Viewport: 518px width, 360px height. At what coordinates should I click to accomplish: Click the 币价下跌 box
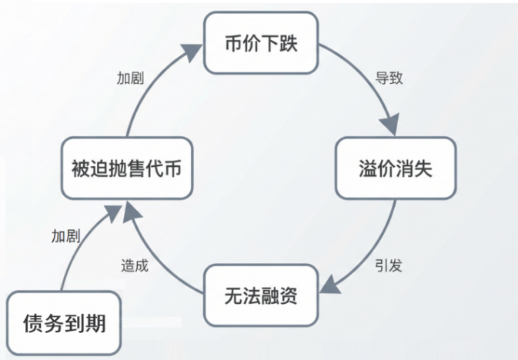[260, 42]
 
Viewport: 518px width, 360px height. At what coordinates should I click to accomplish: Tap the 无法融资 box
[260, 295]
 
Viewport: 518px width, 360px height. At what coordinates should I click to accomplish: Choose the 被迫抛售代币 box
[126, 168]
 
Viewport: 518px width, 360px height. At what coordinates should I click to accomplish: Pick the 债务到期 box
[65, 323]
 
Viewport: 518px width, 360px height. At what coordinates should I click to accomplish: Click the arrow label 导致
[389, 78]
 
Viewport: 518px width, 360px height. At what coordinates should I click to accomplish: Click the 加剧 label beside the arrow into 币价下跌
[130, 78]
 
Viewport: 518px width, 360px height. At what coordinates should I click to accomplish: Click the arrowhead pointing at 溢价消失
[393, 128]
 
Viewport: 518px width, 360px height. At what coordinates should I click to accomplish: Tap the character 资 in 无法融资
[288, 295]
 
